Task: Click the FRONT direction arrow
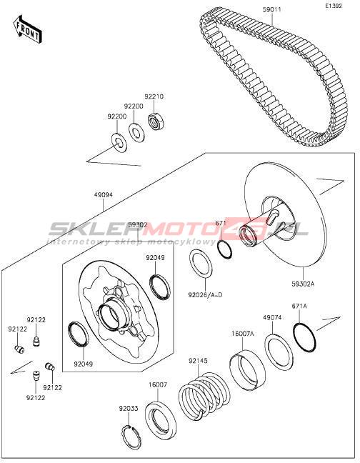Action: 27,31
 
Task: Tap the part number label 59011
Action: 271,10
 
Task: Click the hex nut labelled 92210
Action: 156,121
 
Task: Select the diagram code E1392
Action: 334,6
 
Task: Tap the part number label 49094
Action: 104,195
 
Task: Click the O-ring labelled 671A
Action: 305,337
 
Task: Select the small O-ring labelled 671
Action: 224,249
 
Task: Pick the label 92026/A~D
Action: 205,294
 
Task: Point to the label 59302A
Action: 303,284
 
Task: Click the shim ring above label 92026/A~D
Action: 201,264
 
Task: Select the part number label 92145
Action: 198,361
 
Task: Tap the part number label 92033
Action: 129,409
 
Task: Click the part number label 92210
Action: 154,96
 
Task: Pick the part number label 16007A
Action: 243,334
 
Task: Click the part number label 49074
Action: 272,318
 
